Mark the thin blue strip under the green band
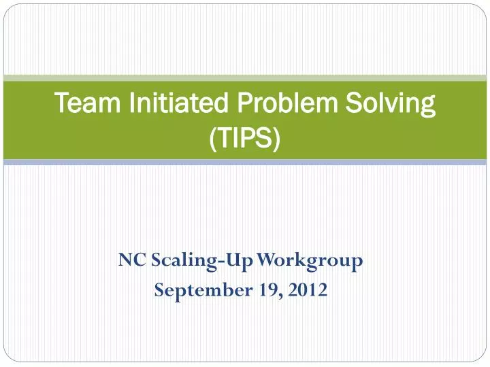tap(245, 162)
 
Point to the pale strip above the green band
tap(245, 77)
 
